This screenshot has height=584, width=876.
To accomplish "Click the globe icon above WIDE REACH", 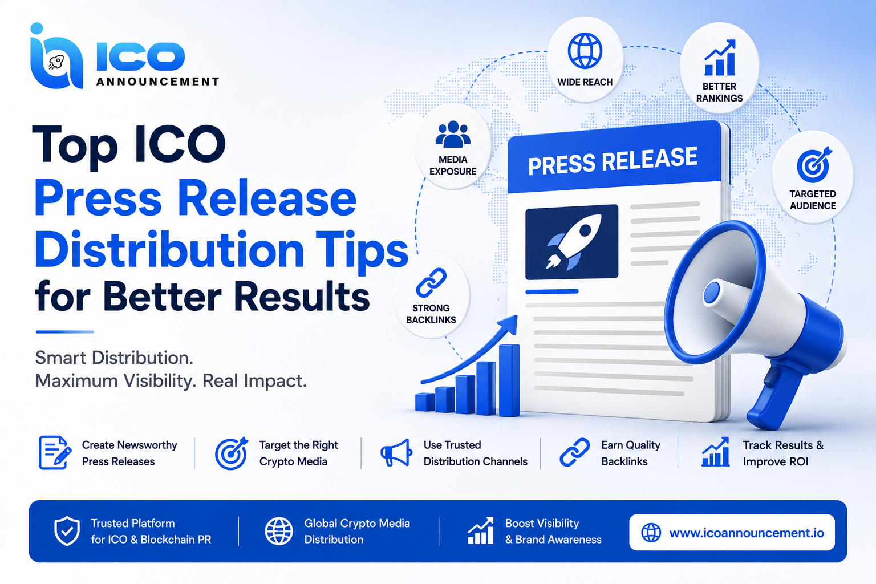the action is click(585, 51).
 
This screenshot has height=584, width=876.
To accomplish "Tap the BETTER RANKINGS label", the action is click(719, 92).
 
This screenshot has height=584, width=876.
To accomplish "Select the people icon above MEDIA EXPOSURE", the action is click(453, 134).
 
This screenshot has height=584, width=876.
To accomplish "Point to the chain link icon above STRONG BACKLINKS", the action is click(431, 283).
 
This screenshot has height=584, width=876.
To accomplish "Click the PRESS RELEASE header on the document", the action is click(613, 161).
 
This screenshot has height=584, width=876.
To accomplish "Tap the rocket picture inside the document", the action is click(572, 242).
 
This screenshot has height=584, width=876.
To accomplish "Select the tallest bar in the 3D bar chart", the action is click(509, 380).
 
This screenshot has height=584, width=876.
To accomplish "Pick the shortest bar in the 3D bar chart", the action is click(425, 402).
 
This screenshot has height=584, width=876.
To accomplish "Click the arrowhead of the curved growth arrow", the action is click(509, 324).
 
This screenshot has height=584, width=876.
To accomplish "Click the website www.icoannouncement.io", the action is click(746, 533).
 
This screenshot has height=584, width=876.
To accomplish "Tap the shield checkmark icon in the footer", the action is click(67, 530).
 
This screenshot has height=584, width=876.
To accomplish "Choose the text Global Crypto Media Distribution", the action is click(356, 531).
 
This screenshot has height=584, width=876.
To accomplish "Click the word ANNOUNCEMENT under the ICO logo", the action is click(157, 82).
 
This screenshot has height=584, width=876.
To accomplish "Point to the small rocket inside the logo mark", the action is click(55, 63).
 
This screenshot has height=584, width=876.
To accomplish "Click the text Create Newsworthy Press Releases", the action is click(129, 453).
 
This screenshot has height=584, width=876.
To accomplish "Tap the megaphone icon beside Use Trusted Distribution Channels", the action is click(396, 453).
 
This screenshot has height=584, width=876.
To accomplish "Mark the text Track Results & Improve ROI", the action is click(783, 453).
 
